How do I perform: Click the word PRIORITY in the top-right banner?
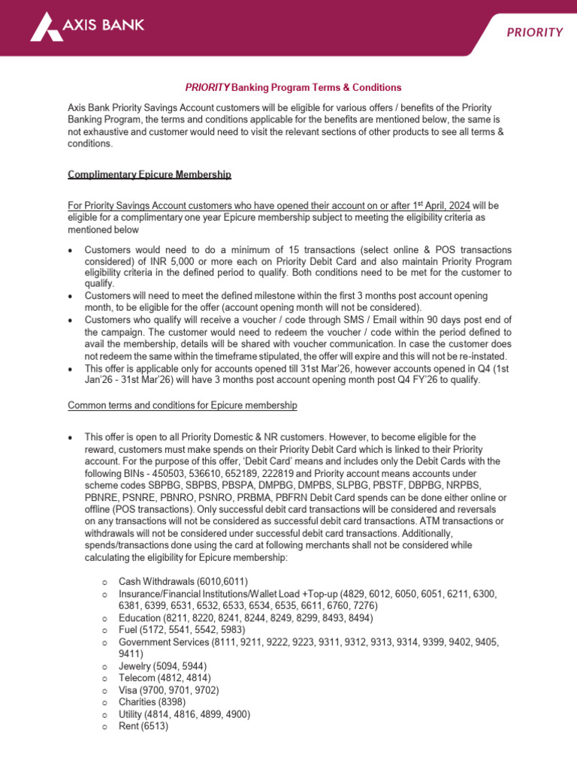(x=533, y=32)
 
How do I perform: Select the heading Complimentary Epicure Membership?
(x=150, y=174)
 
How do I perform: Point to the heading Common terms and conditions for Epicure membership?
(x=183, y=406)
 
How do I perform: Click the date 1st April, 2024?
(x=437, y=205)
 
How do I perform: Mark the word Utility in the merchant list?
(x=132, y=714)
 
